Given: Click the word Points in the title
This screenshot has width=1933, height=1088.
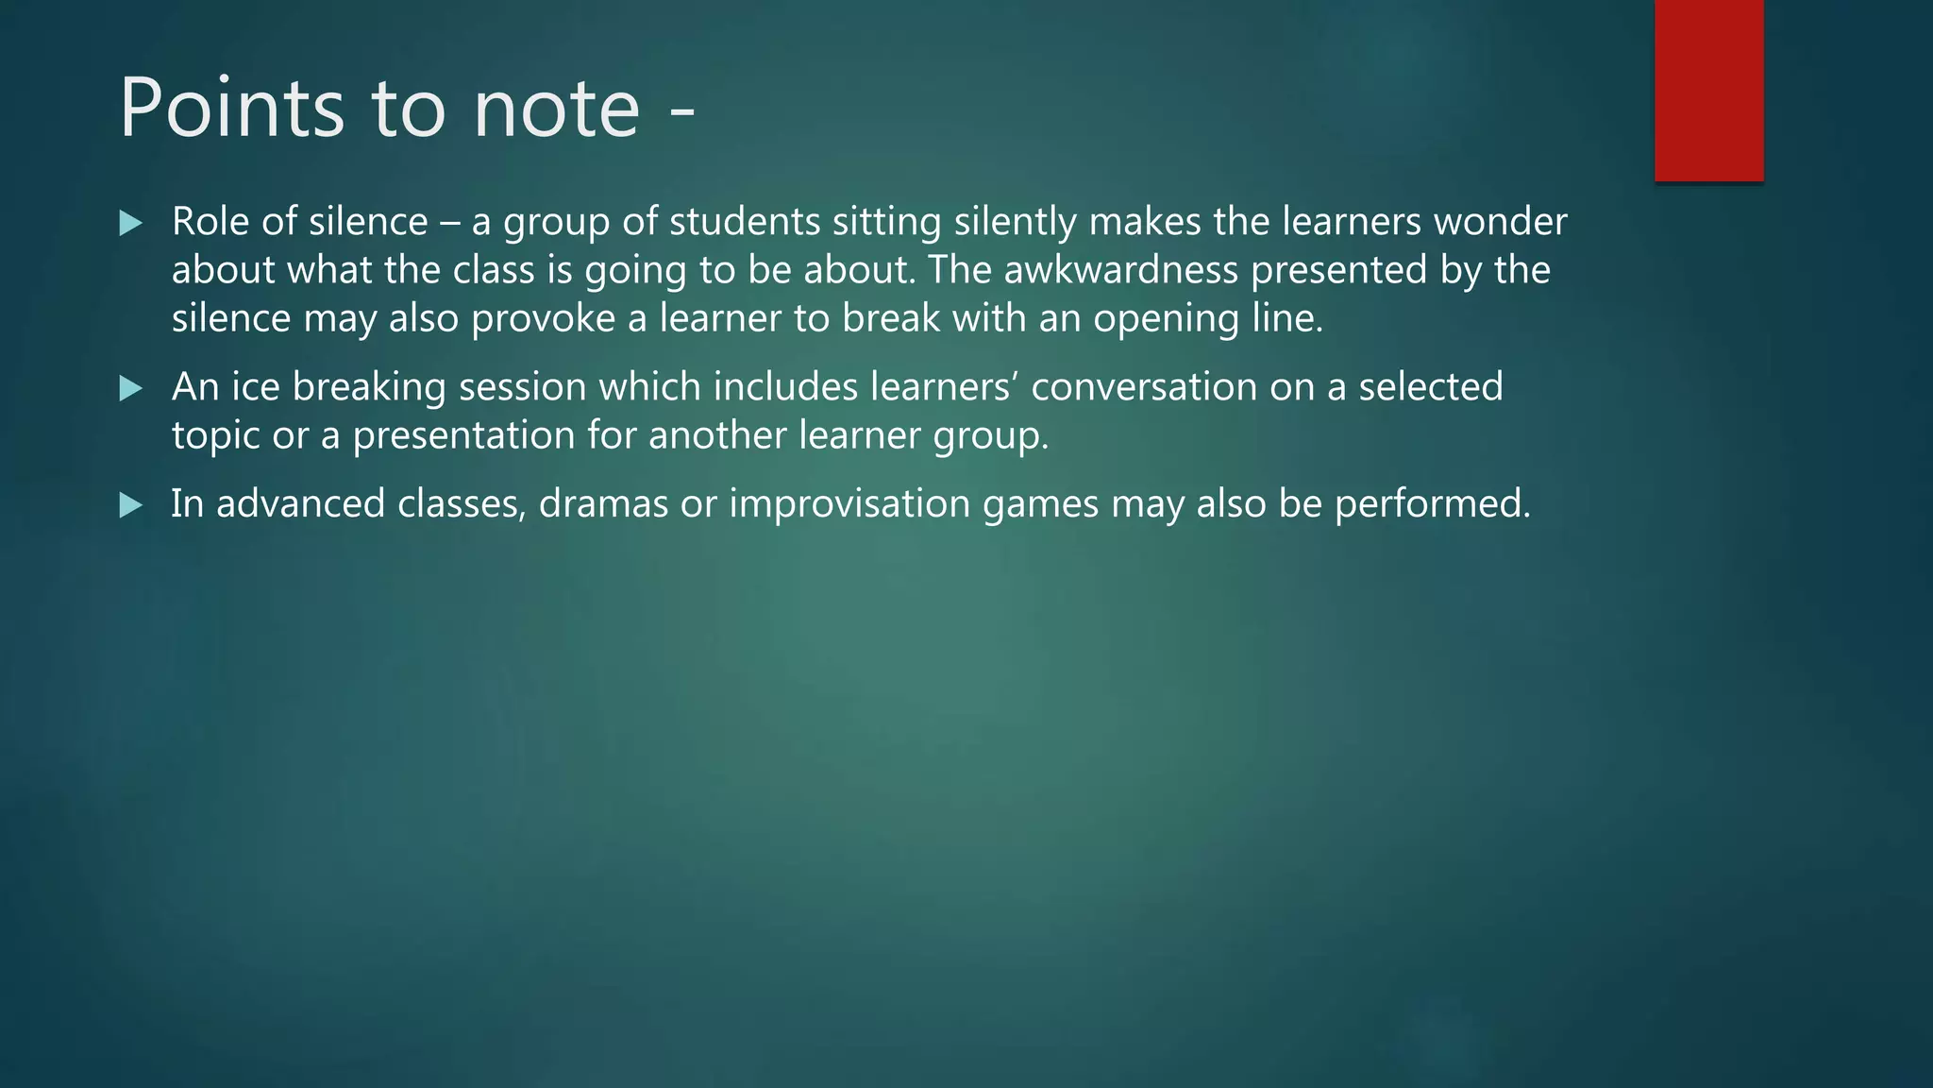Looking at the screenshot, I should [231, 108].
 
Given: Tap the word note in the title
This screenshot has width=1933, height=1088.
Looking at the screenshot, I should [557, 110].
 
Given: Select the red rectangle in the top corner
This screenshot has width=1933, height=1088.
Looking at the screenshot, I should [1708, 90].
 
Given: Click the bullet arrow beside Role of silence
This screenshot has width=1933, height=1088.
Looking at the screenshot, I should [131, 224].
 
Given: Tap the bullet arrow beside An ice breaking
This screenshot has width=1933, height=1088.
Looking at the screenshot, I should [131, 388].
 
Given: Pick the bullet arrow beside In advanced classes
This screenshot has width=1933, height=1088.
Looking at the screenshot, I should [131, 505].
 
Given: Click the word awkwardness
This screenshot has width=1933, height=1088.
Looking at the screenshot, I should [1120, 270].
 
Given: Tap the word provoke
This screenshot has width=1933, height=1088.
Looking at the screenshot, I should [543, 319].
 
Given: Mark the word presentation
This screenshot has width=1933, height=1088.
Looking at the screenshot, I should [463, 435].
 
